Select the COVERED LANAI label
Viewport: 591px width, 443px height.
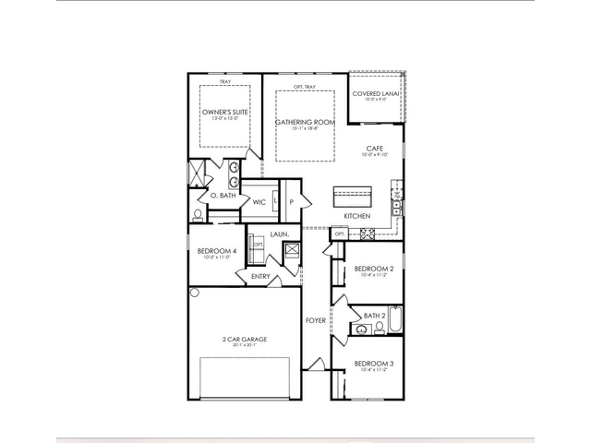click(x=375, y=93)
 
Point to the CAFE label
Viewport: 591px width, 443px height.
click(x=374, y=149)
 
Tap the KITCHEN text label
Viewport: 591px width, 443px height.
click(x=357, y=216)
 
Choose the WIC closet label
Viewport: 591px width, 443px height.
click(x=259, y=201)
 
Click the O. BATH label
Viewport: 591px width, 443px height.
click(x=223, y=196)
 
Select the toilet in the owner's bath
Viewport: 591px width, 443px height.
click(x=198, y=216)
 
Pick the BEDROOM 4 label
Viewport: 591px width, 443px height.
click(x=216, y=251)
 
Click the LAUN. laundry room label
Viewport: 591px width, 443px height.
click(x=280, y=234)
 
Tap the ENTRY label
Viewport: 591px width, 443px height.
click(x=260, y=275)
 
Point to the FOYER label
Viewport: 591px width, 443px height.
click(x=316, y=320)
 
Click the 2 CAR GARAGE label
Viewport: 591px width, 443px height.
click(x=245, y=340)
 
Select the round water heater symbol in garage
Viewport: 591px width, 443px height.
click(x=195, y=293)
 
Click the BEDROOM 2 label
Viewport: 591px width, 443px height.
click(x=374, y=269)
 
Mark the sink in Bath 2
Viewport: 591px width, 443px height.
click(x=361, y=329)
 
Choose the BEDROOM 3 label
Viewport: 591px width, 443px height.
click(x=374, y=365)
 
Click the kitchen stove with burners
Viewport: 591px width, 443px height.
click(x=366, y=234)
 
